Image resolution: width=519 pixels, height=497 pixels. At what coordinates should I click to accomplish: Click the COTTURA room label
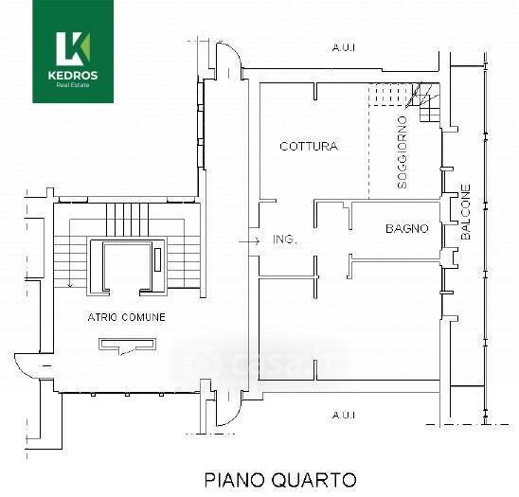pos(309,146)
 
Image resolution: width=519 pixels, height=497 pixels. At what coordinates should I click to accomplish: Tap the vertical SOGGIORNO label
pos(403,152)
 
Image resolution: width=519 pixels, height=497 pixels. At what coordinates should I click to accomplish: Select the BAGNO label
pos(407,228)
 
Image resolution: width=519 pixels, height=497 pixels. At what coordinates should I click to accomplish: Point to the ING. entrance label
pos(285,239)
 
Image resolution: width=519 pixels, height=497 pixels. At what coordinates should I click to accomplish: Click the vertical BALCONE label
pos(466,212)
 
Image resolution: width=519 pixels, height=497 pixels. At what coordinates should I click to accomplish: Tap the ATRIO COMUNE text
pos(127,317)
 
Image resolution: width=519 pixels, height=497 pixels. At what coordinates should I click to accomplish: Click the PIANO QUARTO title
pos(280,480)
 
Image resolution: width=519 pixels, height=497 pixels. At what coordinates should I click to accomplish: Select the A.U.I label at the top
pos(344,48)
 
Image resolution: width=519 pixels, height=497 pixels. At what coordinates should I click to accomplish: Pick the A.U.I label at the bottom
pos(344,415)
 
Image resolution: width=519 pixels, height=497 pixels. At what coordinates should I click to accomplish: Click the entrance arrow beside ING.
pos(249,241)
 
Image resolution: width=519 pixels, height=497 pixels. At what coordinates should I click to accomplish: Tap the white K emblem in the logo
pos(73,48)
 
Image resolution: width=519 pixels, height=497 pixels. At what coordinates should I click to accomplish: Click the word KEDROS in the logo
pos(73,76)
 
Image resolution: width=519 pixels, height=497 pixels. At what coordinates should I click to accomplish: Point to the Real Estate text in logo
pos(73,85)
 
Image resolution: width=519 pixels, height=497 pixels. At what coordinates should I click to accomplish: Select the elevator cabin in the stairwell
pos(126,267)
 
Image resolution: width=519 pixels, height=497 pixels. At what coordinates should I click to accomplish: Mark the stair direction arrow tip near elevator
pos(70,287)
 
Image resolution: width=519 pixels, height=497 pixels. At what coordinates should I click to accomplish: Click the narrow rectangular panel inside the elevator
pos(158,259)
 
